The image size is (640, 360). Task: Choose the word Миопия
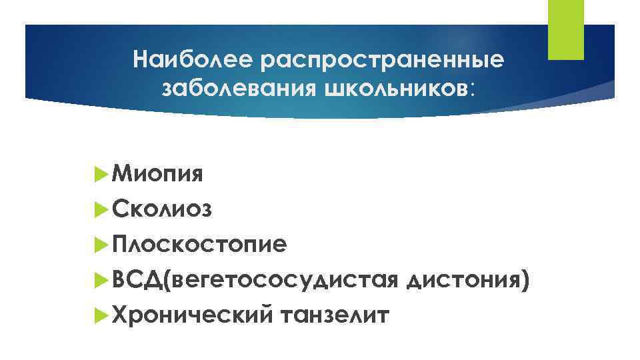[159, 175]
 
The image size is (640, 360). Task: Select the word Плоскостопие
[200, 245]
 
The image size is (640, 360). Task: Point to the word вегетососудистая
[285, 280]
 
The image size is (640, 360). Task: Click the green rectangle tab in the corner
[565, 30]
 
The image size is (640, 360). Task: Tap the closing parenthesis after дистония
[527, 281]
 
